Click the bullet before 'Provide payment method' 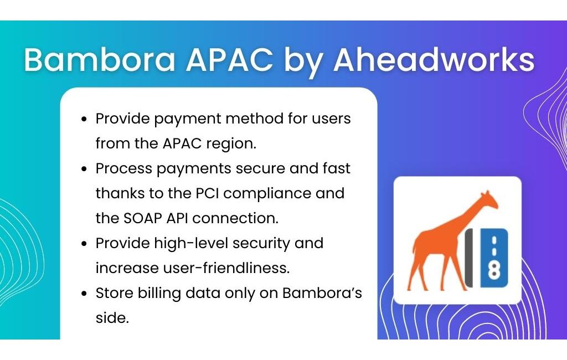tap(84, 119)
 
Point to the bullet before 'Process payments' tap(84, 169)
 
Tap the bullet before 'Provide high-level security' tap(84, 244)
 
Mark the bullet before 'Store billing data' tap(84, 294)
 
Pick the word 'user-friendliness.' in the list tap(226, 268)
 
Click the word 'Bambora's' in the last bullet tap(322, 292)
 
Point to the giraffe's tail tap(414, 250)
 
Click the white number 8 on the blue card tap(494, 270)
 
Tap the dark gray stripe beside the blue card tap(468, 258)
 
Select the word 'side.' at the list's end tap(112, 318)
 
